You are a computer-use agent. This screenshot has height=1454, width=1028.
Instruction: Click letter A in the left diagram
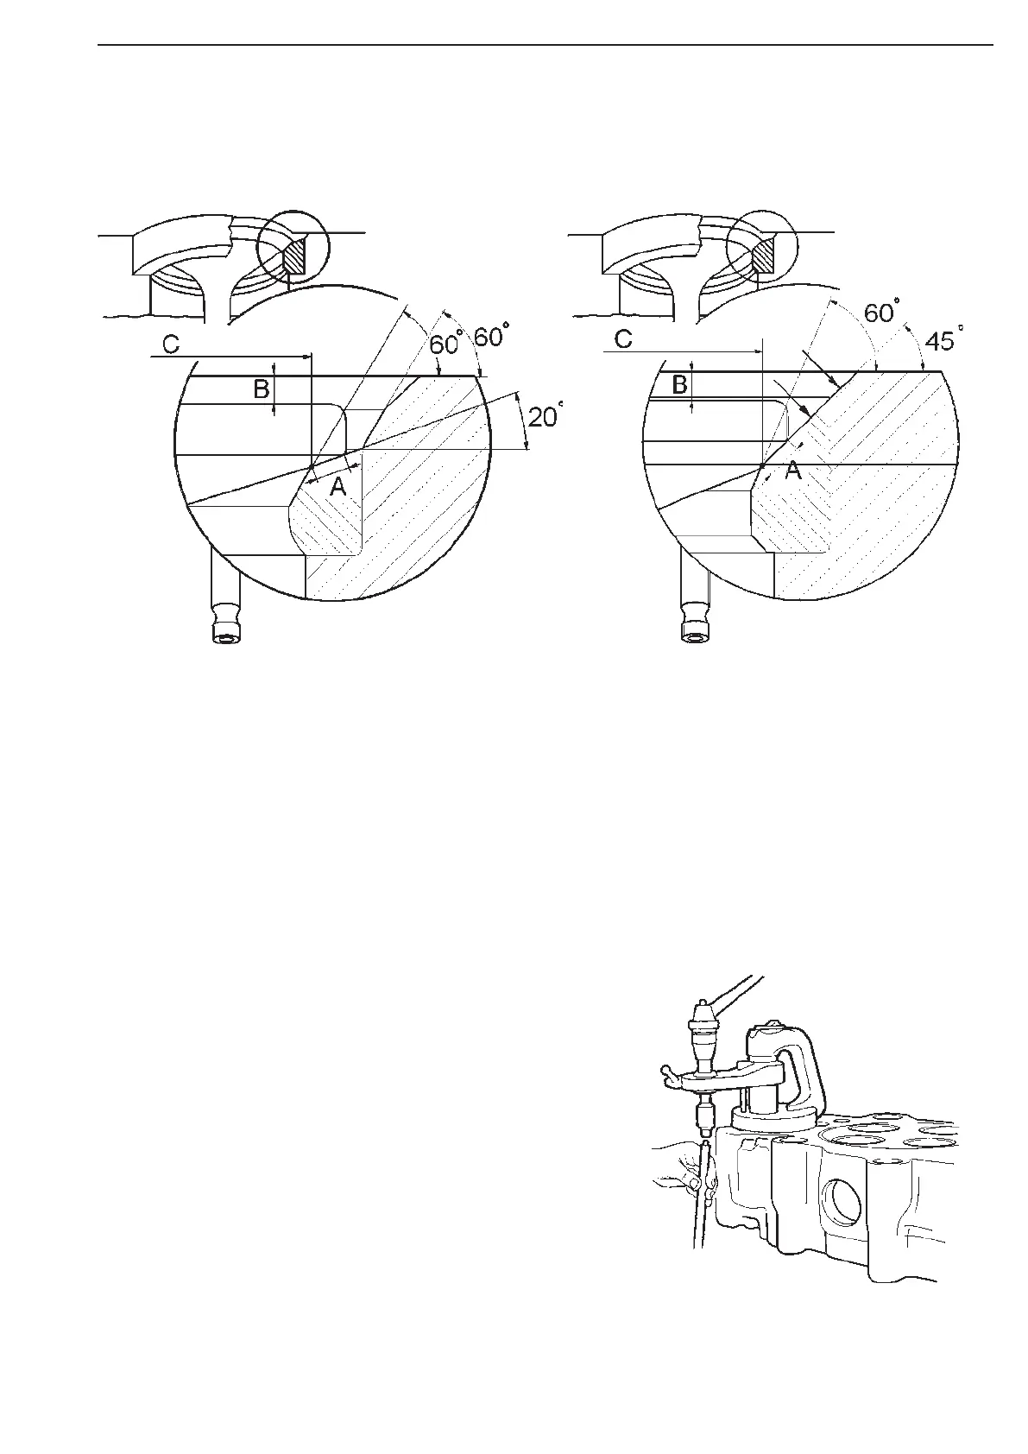pos(338,488)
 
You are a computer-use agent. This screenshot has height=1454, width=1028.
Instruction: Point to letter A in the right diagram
pos(792,471)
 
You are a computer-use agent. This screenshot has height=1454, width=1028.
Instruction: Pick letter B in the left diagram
pos(261,389)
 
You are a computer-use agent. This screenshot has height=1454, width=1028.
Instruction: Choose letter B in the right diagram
pos(680,385)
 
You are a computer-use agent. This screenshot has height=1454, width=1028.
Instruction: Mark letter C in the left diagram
pos(171,345)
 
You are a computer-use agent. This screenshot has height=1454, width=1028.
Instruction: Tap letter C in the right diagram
pos(623,340)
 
